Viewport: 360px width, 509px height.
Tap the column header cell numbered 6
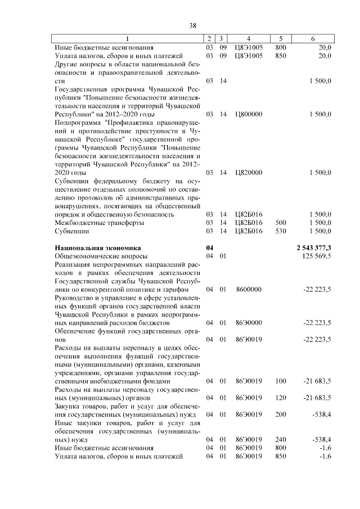click(x=313, y=39)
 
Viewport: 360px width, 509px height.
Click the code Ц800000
click(x=248, y=114)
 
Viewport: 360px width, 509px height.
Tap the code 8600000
click(x=248, y=289)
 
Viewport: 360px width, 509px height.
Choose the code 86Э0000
click(x=248, y=323)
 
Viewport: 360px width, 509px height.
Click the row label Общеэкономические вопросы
click(x=101, y=256)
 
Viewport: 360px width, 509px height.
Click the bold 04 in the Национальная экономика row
click(x=210, y=247)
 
